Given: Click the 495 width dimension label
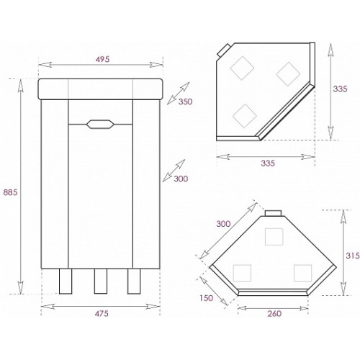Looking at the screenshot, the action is [102, 59].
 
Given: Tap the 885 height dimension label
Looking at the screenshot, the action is [10, 192].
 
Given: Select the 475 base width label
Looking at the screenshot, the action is [102, 313].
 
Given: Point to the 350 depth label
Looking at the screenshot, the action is [185, 102].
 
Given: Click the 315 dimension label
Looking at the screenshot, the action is [353, 256].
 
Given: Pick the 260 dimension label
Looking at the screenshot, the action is [274, 313].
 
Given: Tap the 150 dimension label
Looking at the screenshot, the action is [206, 298].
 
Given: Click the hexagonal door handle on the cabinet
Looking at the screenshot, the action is [100, 124].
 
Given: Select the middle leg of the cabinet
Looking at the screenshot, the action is [101, 281].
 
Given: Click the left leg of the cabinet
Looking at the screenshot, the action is [66, 281].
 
